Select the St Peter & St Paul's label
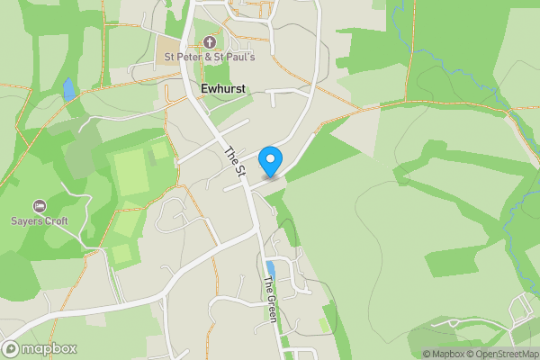pyautogui.click(x=209, y=58)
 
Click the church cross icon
pyautogui.click(x=210, y=42)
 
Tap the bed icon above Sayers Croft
pyautogui.click(x=39, y=206)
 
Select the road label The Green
pyautogui.click(x=269, y=300)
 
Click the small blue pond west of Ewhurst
pyautogui.click(x=69, y=88)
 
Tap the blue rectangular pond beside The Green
pyautogui.click(x=271, y=268)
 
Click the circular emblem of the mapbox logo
pyautogui.click(x=12, y=348)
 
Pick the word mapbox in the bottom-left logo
pyautogui.click(x=49, y=349)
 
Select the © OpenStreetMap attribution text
pyautogui.click(x=501, y=354)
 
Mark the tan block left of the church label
pyautogui.click(x=168, y=48)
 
